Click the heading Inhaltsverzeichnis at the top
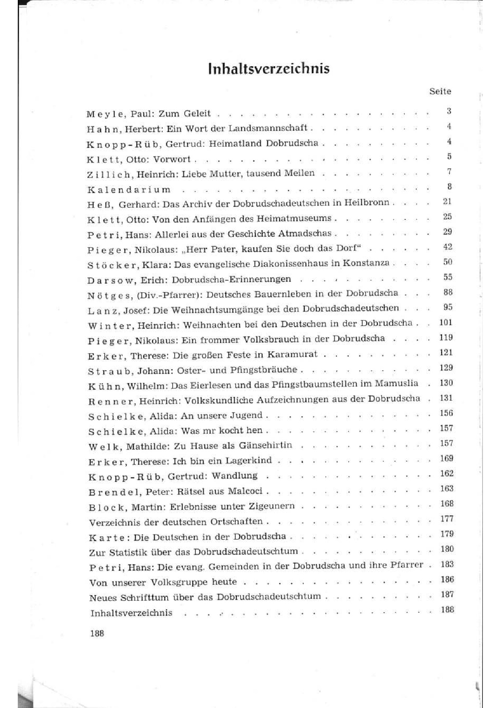click(269, 69)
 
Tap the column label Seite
click(440, 91)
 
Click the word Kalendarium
click(129, 190)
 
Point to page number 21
click(447, 201)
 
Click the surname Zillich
click(109, 174)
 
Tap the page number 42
click(447, 247)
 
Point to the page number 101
click(446, 322)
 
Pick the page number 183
click(447, 564)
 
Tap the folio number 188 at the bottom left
click(97, 633)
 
